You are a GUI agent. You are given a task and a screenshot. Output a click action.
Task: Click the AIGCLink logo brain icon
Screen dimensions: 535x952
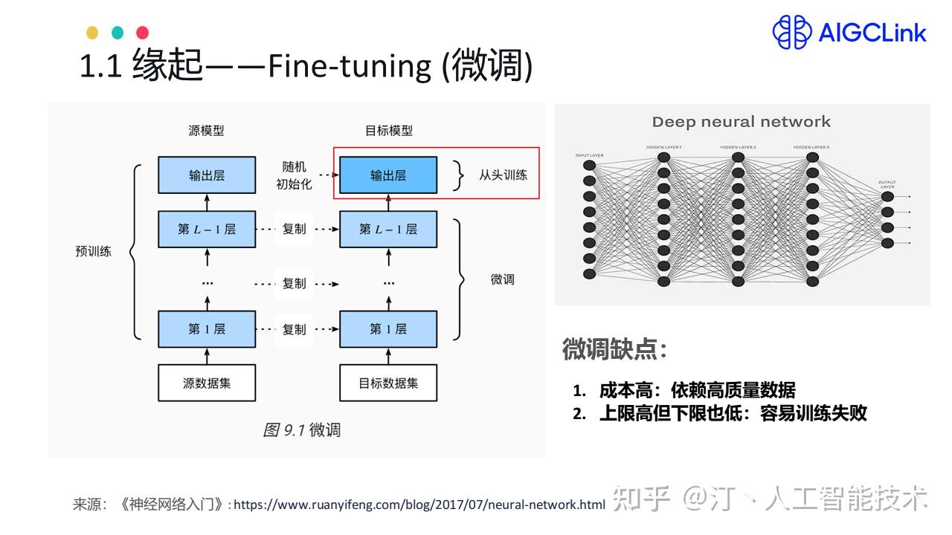791,33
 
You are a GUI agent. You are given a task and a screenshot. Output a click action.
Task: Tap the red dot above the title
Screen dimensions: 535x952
142,33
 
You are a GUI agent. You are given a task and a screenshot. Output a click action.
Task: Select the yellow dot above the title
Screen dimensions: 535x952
92,33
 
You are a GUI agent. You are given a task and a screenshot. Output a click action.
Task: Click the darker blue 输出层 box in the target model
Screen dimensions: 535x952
388,175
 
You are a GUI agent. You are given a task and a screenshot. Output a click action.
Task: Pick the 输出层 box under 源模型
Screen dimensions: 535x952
207,175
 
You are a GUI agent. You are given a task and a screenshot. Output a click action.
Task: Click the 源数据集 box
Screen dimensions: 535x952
207,383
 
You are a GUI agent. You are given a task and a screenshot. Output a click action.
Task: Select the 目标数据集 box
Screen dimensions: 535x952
388,383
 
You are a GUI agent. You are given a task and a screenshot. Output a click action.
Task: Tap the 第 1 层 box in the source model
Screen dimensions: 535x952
207,328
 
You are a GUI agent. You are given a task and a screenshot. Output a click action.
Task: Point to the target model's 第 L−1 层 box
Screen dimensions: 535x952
388,229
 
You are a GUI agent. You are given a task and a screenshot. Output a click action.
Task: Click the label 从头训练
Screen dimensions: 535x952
503,175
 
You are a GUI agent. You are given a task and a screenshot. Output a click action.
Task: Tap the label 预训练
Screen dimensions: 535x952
93,251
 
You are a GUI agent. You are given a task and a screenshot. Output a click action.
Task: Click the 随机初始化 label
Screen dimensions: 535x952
294,175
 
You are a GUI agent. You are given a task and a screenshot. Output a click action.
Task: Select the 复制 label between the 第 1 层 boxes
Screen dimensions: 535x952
295,328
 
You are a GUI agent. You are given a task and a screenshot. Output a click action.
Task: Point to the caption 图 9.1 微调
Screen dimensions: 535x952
301,429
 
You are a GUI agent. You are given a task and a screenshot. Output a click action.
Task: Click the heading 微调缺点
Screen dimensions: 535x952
614,348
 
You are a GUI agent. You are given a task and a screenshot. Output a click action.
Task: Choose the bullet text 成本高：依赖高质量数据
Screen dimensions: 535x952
697,389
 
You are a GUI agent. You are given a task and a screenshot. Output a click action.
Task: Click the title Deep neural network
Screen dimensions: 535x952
741,122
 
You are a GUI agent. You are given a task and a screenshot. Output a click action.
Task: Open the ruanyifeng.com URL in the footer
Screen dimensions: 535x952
419,505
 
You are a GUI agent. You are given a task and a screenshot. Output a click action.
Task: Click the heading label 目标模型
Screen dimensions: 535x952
388,131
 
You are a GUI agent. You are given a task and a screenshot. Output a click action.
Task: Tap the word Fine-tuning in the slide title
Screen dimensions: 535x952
349,67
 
